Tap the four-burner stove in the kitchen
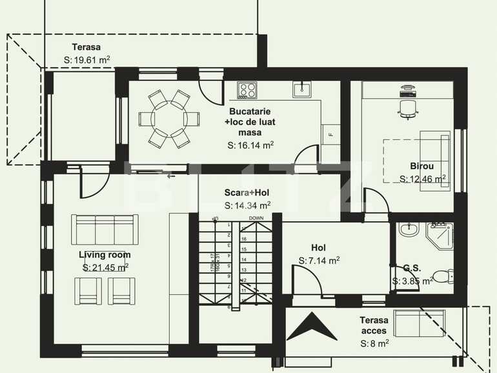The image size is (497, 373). (247, 90)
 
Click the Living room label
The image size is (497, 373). (105, 255)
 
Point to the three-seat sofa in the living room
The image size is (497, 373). (105, 228)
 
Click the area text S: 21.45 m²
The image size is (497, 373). (105, 267)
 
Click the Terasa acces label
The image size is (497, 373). (374, 325)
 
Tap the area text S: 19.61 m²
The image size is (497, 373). (86, 59)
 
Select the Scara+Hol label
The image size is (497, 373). (247, 193)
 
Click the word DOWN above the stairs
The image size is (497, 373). (256, 218)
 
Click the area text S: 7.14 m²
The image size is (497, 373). (319, 261)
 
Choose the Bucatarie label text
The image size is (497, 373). (245, 112)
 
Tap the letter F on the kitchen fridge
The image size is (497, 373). (330, 134)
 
